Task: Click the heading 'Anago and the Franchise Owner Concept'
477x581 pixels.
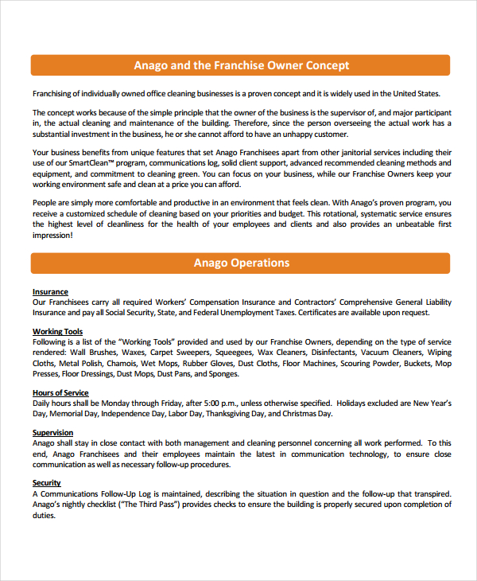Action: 241,65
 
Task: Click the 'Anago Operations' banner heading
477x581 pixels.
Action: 241,263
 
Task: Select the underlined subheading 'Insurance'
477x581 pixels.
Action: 50,292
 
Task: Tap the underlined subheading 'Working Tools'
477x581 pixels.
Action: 57,331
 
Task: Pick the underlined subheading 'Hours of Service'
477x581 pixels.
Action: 60,393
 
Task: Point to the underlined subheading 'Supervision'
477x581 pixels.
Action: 52,432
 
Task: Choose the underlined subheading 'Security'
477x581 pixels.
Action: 47,483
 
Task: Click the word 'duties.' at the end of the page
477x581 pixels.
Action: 45,515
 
